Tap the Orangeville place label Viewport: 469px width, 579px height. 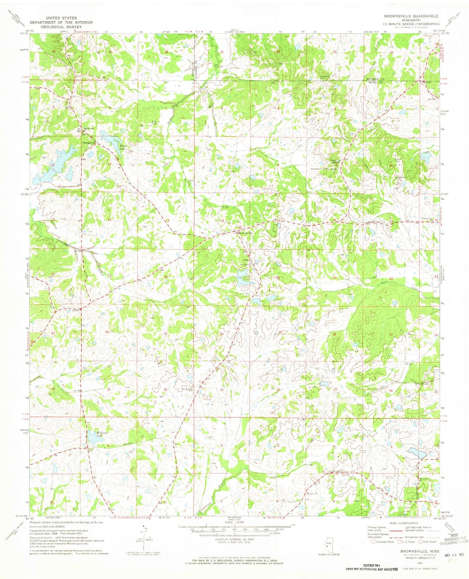89,143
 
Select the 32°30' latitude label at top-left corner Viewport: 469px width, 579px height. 24,33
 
